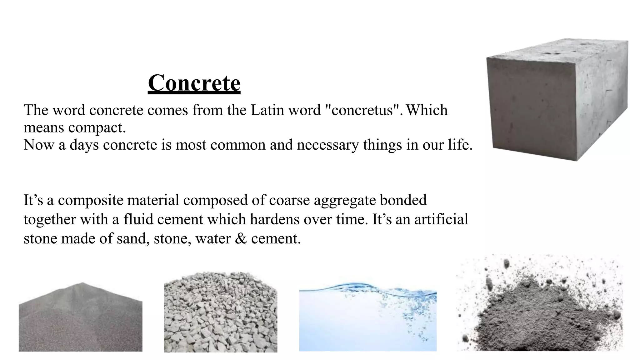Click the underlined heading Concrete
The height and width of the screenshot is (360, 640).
tap(194, 83)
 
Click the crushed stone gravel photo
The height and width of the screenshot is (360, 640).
tap(221, 312)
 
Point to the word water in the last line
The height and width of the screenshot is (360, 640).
tap(212, 239)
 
